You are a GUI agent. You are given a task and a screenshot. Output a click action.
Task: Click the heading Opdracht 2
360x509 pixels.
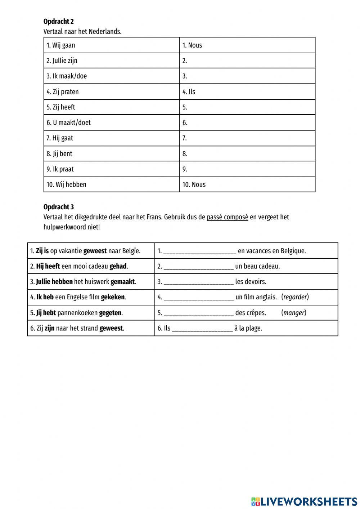point(58,22)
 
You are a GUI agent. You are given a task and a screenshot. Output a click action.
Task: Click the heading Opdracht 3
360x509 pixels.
point(58,207)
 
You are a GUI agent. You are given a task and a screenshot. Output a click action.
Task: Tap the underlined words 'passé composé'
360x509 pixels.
point(227,217)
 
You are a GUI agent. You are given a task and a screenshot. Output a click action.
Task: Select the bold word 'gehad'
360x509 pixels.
point(118,267)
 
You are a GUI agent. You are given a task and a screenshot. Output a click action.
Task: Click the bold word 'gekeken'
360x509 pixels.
point(113,298)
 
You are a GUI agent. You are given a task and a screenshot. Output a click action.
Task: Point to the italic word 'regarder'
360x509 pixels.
point(295,297)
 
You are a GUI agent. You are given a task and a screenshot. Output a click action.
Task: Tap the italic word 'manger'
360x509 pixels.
point(294,313)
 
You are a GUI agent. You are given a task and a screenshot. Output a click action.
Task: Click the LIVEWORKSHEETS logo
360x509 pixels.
point(304,501)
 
